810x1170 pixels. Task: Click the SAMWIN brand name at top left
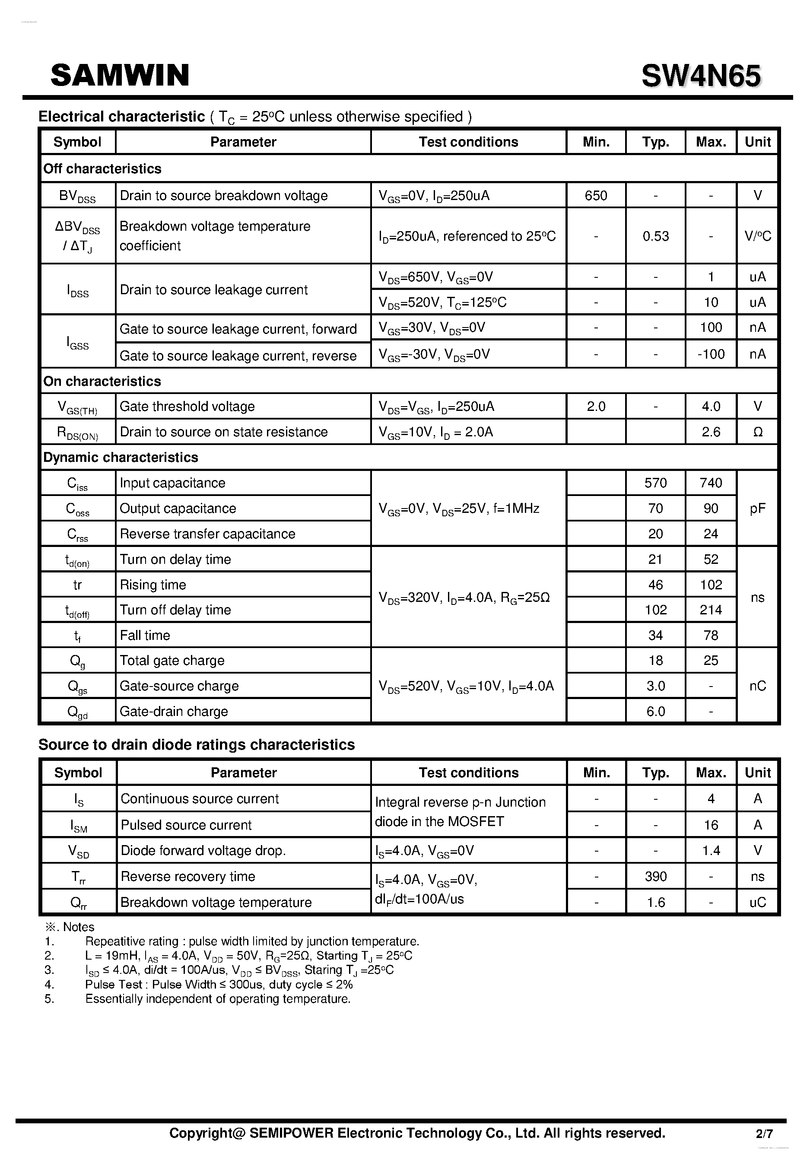(x=120, y=75)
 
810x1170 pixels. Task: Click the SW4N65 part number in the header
(x=701, y=76)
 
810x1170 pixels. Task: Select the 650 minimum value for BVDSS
(x=595, y=195)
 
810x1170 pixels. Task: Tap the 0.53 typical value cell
(x=655, y=236)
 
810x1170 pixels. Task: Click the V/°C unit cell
(x=757, y=236)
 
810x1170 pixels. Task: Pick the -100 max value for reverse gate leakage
(x=711, y=354)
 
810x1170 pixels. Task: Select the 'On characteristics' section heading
(x=102, y=381)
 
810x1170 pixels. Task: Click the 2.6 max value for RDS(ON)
(x=711, y=432)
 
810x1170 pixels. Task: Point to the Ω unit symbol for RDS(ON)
(x=757, y=432)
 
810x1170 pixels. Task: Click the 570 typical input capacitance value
(x=655, y=483)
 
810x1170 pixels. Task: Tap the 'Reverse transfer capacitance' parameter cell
(x=207, y=534)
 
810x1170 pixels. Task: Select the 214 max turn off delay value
(x=711, y=610)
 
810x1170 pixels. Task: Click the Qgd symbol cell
(x=78, y=712)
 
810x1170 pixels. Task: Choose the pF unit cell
(x=757, y=508)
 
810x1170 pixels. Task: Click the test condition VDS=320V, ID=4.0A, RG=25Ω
(x=464, y=598)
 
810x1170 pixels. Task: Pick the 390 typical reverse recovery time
(x=655, y=876)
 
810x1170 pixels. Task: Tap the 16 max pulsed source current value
(x=711, y=825)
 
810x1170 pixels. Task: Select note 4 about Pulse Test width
(x=218, y=984)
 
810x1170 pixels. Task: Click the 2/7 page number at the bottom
(x=764, y=1133)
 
